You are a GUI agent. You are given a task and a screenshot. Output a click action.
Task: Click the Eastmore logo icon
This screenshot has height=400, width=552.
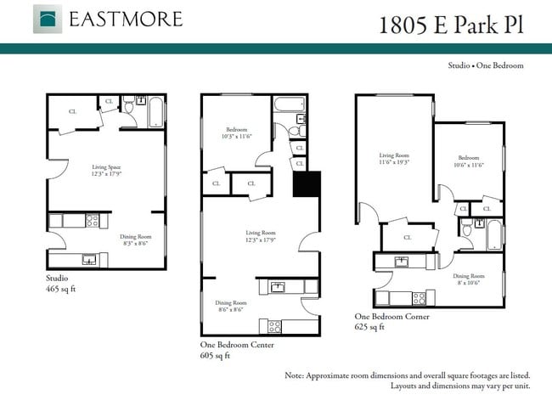tap(47, 19)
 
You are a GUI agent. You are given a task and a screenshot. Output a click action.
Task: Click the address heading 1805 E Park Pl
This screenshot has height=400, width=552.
tap(450, 23)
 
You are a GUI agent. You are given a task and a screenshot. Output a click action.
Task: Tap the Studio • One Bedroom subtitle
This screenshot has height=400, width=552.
tap(486, 65)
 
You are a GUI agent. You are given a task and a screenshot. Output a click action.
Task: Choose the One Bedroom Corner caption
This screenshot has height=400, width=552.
tap(391, 321)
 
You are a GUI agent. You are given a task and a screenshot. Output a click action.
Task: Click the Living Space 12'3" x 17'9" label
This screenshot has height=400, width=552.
tap(105, 172)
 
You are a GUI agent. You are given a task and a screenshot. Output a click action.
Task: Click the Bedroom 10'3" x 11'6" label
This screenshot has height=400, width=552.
tap(236, 133)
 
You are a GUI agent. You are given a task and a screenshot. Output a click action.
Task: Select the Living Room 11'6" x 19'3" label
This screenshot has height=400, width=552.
tap(394, 159)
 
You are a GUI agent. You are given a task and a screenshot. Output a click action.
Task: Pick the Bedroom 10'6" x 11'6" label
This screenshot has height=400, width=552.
tap(469, 161)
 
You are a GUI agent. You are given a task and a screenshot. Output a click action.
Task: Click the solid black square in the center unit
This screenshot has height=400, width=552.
tap(306, 185)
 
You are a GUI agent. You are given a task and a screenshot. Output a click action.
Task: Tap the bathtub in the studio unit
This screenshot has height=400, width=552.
tap(155, 111)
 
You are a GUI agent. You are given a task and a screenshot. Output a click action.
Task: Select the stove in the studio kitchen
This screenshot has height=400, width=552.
tap(92, 221)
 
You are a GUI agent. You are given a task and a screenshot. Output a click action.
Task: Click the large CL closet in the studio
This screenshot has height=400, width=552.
tap(72, 111)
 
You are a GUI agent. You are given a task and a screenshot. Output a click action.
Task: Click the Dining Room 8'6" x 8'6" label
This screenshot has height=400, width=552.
tap(230, 307)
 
